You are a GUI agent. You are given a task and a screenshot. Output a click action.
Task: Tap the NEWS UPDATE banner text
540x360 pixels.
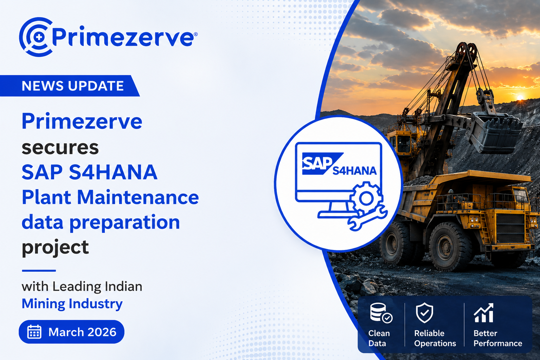point(73,86)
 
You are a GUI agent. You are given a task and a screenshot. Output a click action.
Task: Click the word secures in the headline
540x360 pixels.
point(60,147)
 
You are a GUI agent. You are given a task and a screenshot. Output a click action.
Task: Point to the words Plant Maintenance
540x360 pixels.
point(110,197)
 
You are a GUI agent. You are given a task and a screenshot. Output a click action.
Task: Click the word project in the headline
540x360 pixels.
point(55,247)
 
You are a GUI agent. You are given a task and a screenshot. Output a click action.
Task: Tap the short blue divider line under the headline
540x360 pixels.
point(39,271)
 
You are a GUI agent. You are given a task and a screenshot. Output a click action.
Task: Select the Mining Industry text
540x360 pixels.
point(72,304)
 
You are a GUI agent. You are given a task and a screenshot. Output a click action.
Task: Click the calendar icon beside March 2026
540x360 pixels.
point(34,332)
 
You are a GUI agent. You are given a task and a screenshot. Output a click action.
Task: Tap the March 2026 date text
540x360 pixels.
point(83,332)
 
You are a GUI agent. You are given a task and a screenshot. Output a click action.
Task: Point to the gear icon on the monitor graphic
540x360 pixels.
point(366,198)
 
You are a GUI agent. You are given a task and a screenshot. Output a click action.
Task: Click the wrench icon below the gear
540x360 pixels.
point(367,218)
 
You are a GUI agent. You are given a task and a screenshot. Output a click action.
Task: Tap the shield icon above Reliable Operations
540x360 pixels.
point(425,313)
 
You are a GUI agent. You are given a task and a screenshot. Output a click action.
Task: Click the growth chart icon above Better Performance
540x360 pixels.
point(484,313)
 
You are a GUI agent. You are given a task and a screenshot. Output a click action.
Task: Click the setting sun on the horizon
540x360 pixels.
point(520,98)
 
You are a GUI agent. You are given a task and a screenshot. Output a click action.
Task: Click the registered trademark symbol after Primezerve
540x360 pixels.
point(195,34)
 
